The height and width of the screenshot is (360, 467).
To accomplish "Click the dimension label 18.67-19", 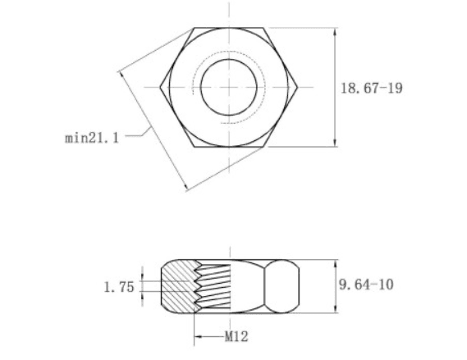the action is coord(372,88).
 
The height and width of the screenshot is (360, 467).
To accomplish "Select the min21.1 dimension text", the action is coord(92,138).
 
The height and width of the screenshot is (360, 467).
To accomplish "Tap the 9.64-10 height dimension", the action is coord(366,285).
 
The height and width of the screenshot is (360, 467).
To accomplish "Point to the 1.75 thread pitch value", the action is coord(119,287).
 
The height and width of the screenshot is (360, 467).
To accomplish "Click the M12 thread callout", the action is coord(236,337).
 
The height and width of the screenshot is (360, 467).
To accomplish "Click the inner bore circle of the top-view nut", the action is coord(229,59).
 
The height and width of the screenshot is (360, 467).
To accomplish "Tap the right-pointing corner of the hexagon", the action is coord(297,88).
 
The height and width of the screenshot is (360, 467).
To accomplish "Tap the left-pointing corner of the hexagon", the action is coord(161,88).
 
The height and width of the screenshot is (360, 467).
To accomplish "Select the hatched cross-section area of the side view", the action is coord(179,286).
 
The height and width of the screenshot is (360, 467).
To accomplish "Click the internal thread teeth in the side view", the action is coord(212,286).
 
